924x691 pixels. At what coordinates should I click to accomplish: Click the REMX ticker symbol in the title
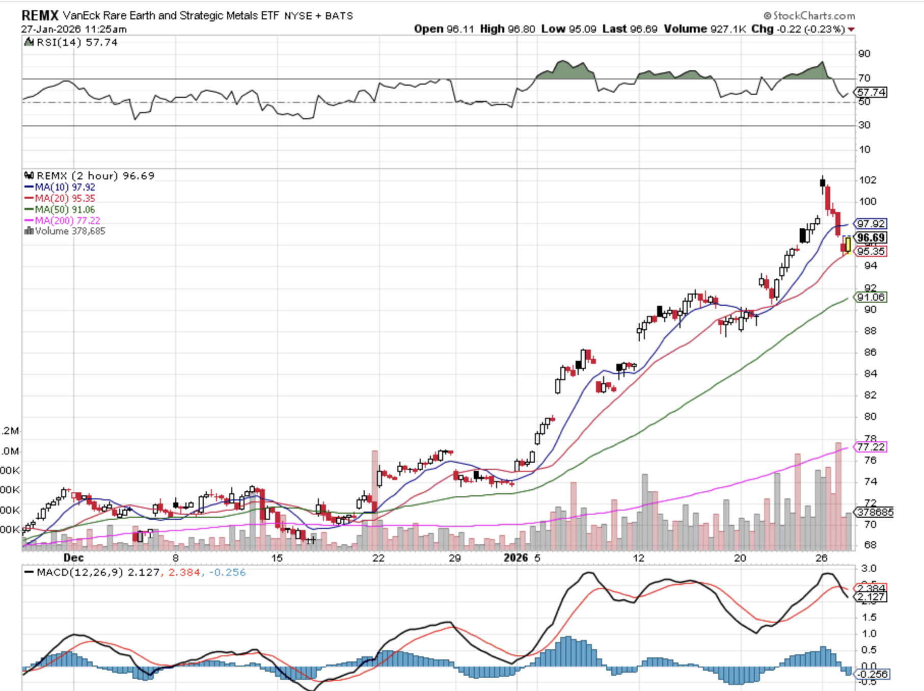pos(40,15)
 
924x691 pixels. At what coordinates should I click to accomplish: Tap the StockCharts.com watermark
pos(809,16)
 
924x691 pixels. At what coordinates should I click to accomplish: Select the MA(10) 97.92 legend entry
pos(65,187)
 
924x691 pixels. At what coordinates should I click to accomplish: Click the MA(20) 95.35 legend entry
pos(65,198)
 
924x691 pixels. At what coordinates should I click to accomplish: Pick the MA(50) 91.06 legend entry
pos(65,209)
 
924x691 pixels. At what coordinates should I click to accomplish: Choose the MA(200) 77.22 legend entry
pos(67,221)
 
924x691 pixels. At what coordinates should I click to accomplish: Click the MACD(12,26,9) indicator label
pos(80,572)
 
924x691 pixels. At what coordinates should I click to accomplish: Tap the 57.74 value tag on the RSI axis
pos(871,92)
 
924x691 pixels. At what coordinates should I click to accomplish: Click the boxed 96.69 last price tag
pos(871,237)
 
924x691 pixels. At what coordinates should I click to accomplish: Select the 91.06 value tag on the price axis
pos(871,297)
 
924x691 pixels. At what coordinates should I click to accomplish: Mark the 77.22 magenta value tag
pos(871,447)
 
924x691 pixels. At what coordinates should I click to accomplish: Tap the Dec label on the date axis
pos(73,557)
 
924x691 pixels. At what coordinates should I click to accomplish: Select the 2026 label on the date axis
pos(515,557)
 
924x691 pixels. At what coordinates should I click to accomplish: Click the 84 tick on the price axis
pos(870,374)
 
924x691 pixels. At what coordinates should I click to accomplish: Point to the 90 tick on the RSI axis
pos(864,54)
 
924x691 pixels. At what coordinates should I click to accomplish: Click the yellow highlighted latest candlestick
pos(848,245)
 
